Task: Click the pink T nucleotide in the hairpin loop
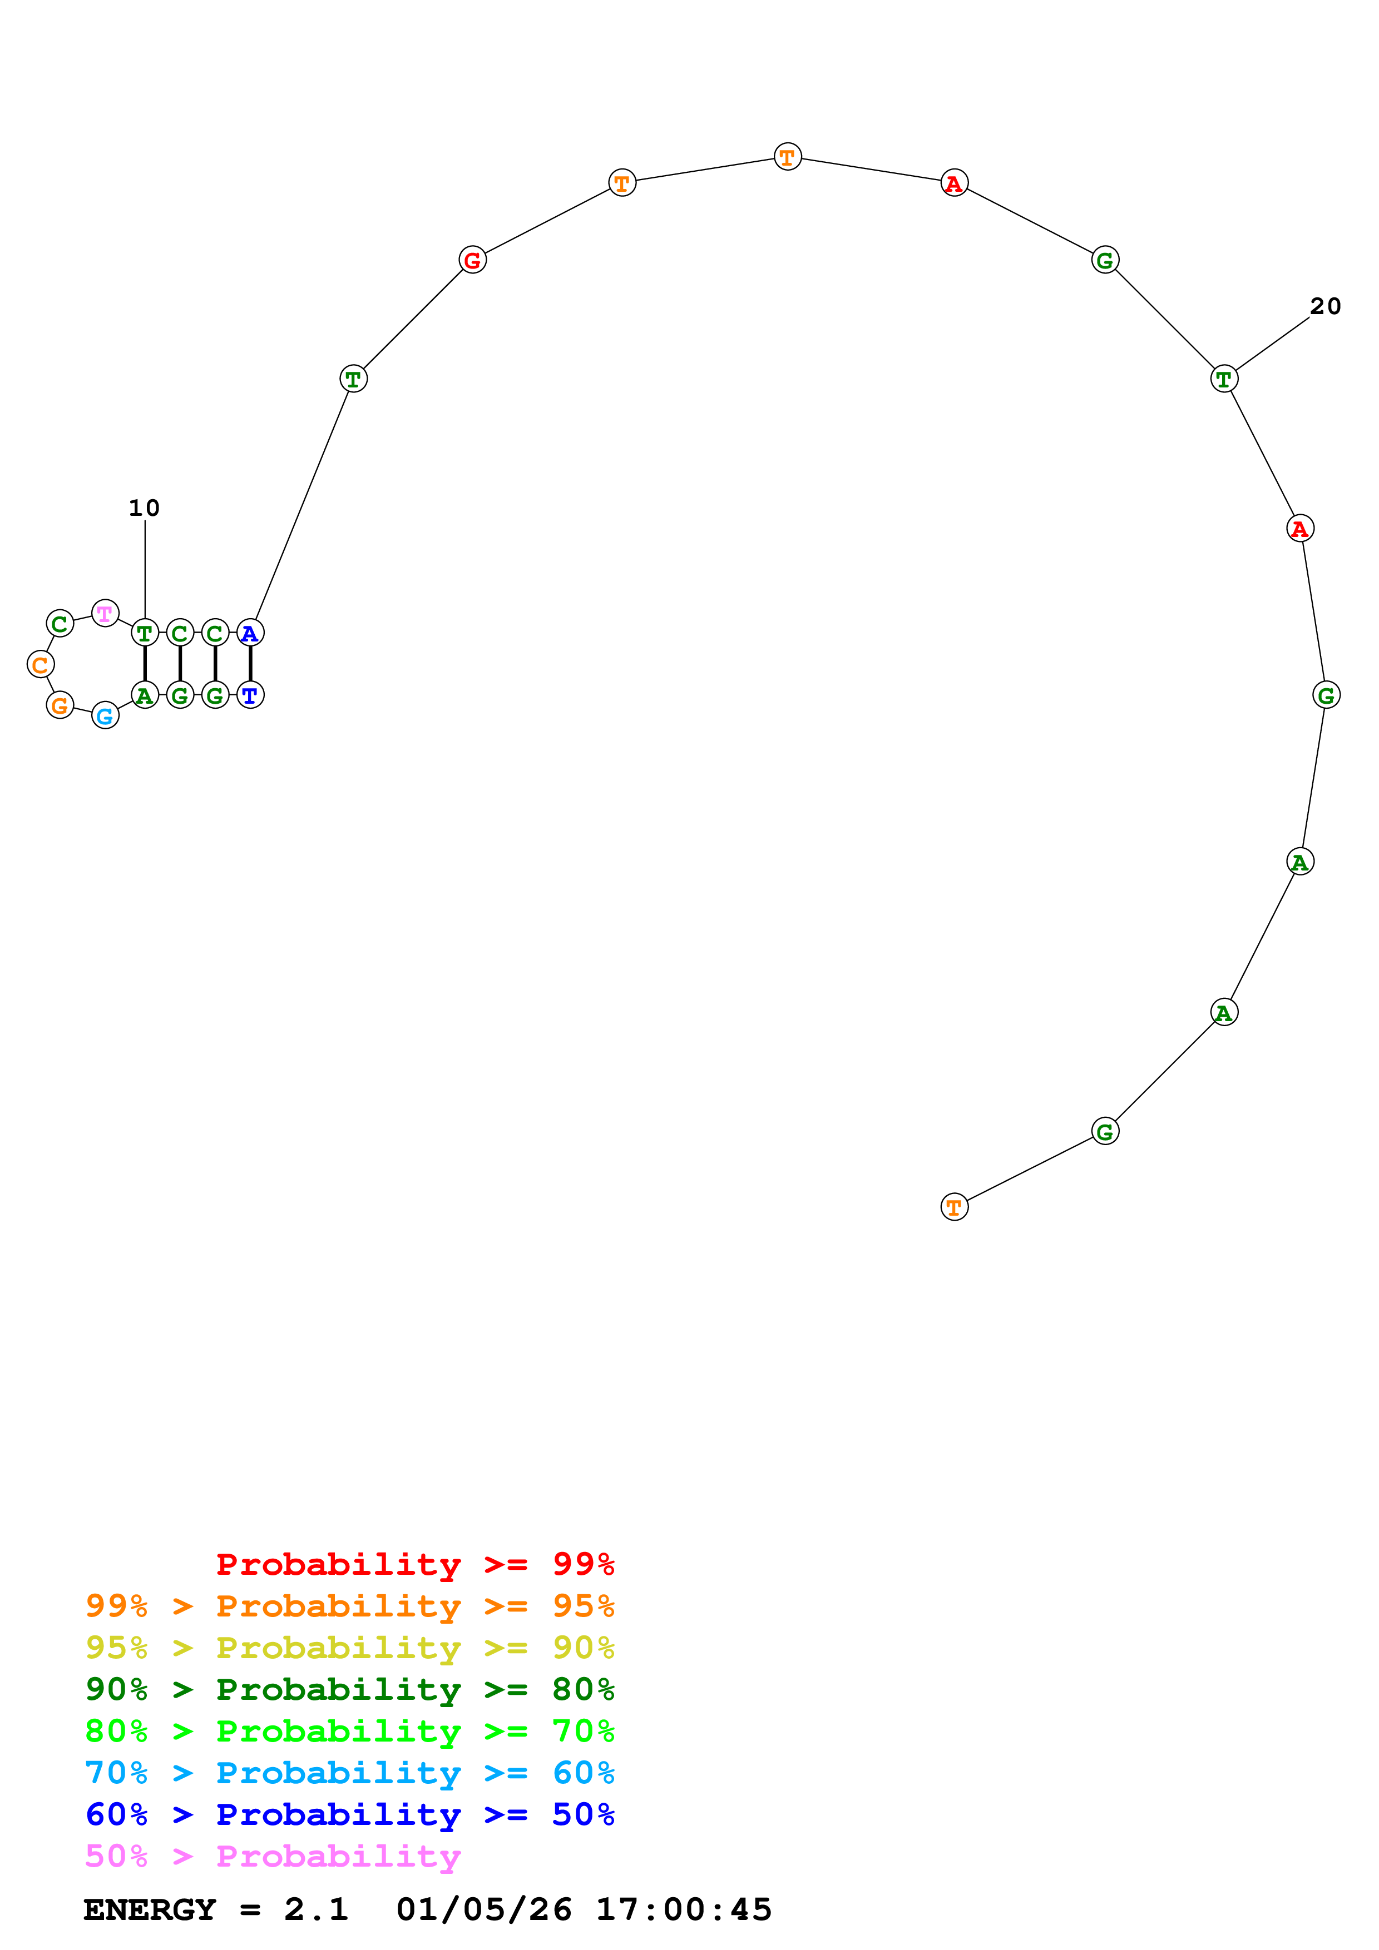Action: click(105, 613)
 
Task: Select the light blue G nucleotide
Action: click(105, 716)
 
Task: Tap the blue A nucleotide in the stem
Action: click(250, 633)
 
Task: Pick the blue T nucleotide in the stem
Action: click(250, 695)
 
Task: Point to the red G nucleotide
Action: click(472, 260)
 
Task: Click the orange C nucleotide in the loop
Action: click(40, 664)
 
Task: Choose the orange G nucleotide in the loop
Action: click(60, 705)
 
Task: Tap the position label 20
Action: click(1324, 307)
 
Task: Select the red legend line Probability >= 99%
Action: click(414, 1564)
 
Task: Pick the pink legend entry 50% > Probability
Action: click(273, 1857)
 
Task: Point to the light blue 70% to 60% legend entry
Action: click(349, 1773)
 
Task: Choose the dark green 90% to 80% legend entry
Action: click(349, 1690)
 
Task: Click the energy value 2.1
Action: click(316, 1910)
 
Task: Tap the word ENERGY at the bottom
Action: click(150, 1910)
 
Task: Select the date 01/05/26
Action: click(483, 1910)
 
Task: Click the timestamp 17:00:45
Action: click(683, 1910)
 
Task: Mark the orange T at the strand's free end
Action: click(954, 1207)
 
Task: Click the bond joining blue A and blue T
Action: click(250, 664)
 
